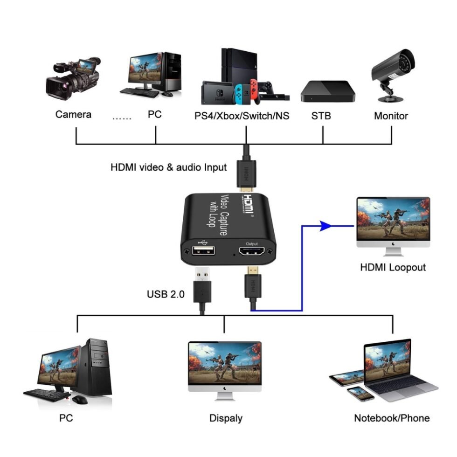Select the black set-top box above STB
click(x=327, y=91)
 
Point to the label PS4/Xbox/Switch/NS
click(x=242, y=116)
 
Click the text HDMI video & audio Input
click(x=168, y=167)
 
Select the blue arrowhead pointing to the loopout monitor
click(x=326, y=227)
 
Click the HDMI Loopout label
click(x=393, y=267)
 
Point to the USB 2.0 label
click(x=166, y=294)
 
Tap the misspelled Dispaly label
click(x=226, y=418)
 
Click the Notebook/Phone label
click(x=392, y=418)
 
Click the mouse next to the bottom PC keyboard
click(x=79, y=399)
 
